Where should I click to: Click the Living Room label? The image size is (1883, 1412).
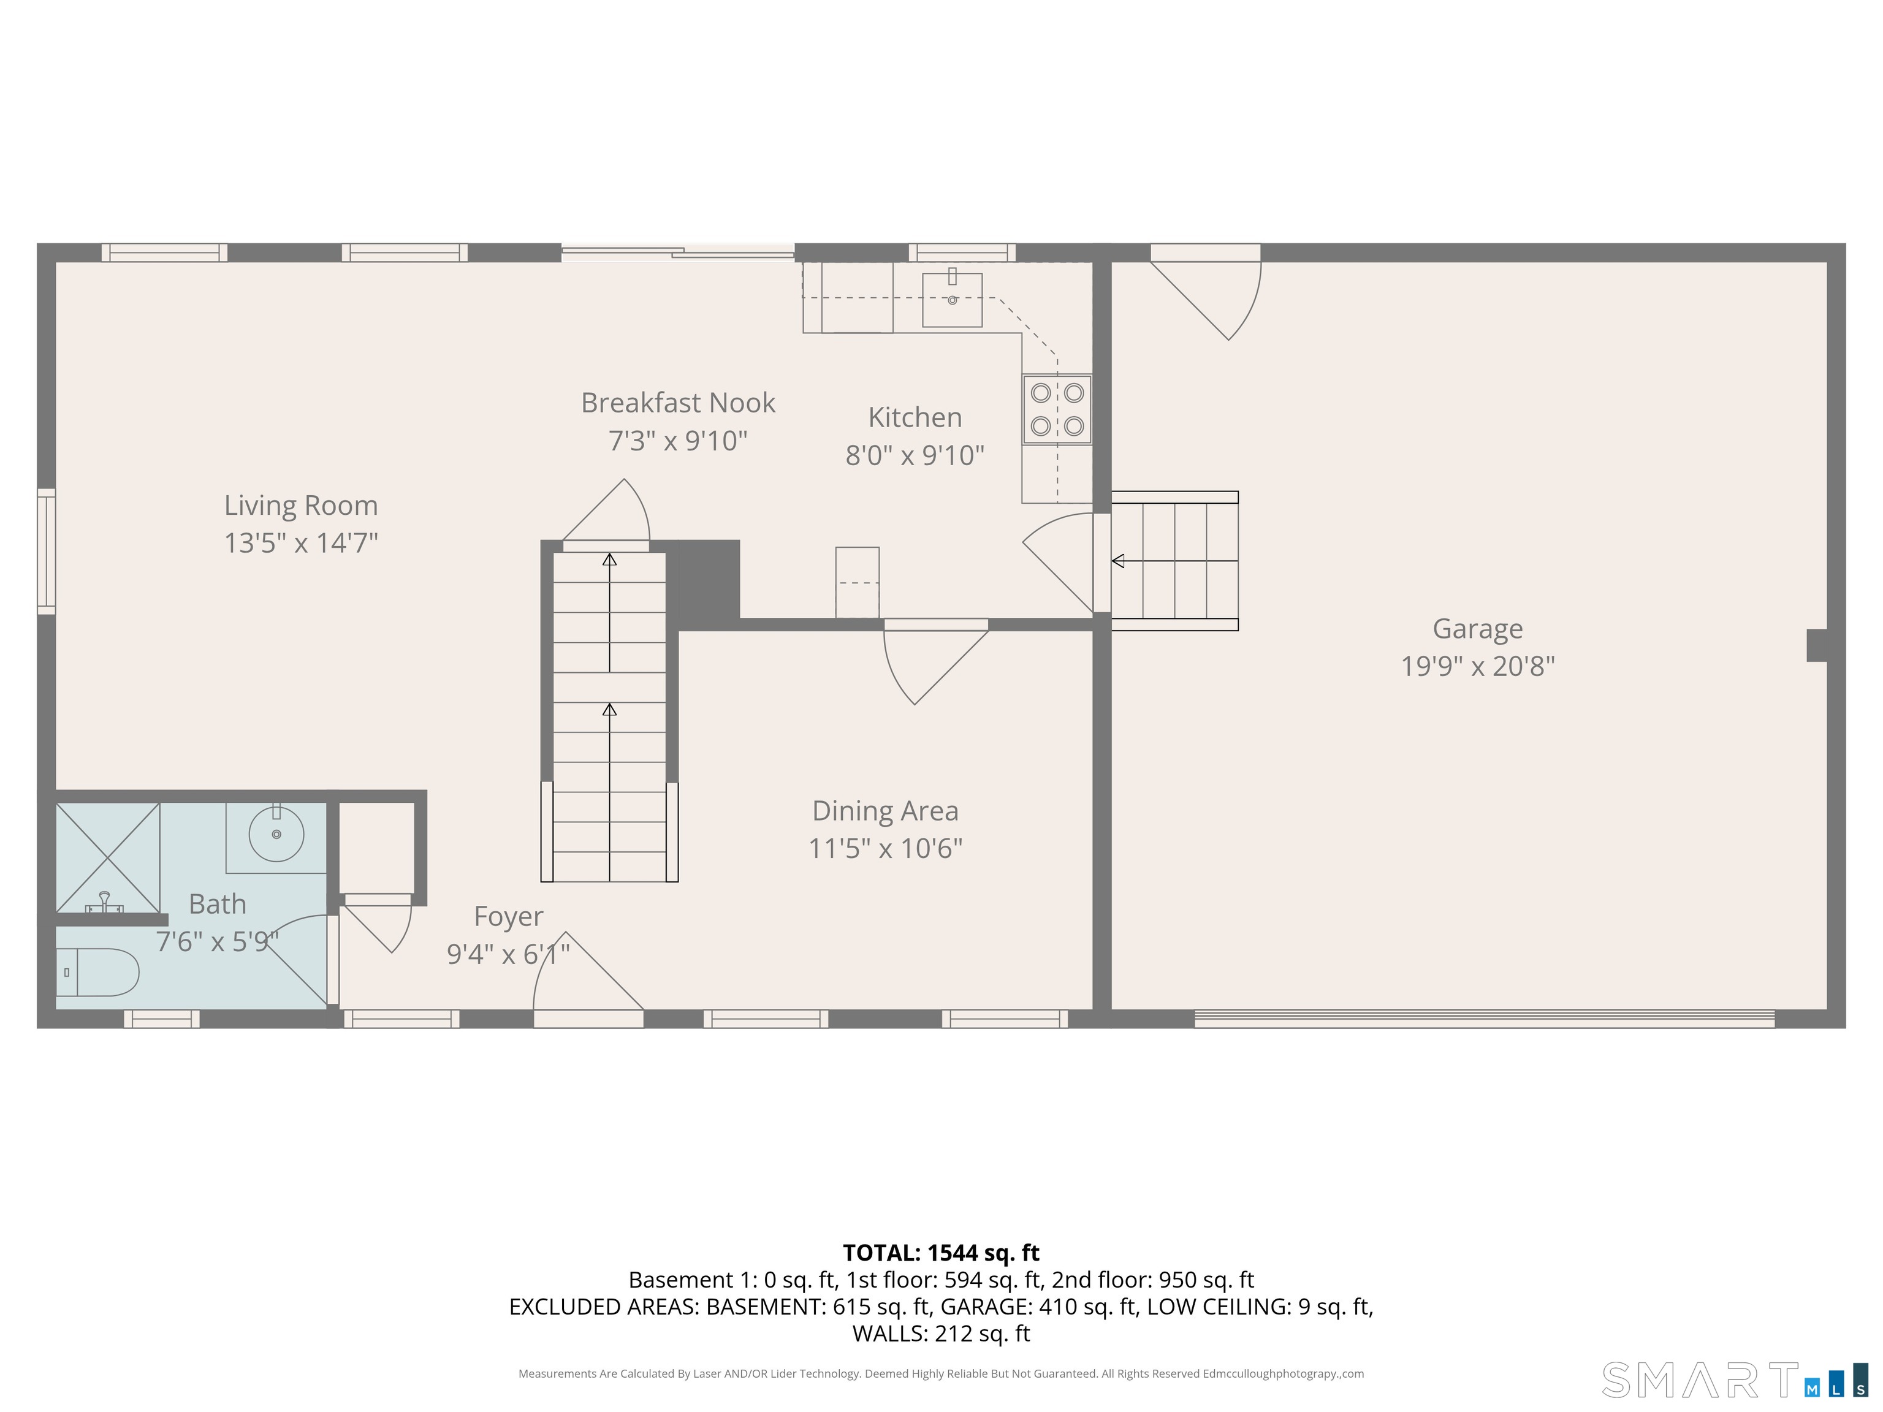(300, 505)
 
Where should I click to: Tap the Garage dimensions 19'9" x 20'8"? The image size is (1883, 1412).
(1478, 666)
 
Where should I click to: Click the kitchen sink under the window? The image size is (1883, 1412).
(953, 298)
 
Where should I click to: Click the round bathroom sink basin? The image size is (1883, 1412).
(276, 834)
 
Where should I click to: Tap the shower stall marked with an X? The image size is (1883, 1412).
(108, 857)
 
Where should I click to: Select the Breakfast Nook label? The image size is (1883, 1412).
(677, 403)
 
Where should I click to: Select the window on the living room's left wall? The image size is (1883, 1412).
(46, 552)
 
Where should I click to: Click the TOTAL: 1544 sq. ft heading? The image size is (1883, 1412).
(941, 1253)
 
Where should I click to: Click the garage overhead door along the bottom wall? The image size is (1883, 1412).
(1485, 1018)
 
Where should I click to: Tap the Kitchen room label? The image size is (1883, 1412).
(915, 417)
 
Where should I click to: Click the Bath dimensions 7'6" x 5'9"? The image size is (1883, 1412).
(217, 941)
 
